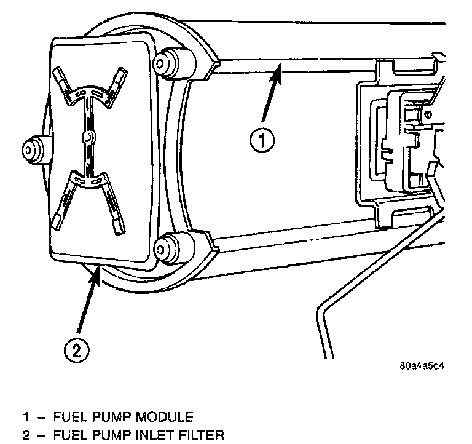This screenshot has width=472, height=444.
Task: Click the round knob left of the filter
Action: [x=31, y=148]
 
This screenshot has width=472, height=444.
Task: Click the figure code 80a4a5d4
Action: [x=422, y=365]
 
